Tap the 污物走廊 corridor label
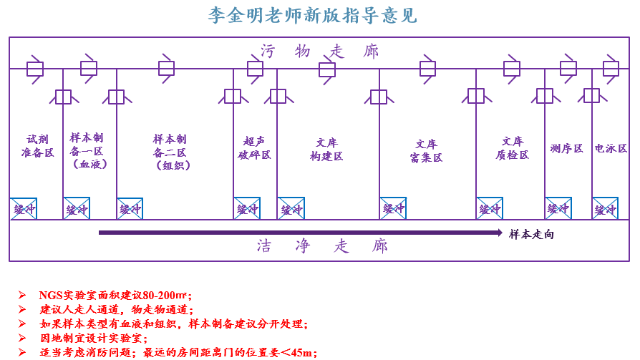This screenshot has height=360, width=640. pyautogui.click(x=319, y=52)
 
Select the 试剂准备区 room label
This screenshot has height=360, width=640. pyautogui.click(x=37, y=146)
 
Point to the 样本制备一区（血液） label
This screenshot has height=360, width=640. pyautogui.click(x=89, y=150)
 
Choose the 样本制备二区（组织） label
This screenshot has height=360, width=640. pyautogui.click(x=170, y=152)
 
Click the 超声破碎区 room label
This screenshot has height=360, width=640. pyautogui.click(x=255, y=148)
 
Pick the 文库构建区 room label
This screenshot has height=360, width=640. pyautogui.click(x=326, y=149)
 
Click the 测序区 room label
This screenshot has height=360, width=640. pyautogui.click(x=566, y=149)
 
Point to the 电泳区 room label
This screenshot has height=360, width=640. pyautogui.click(x=611, y=149)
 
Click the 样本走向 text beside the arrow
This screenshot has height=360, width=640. pyautogui.click(x=531, y=234)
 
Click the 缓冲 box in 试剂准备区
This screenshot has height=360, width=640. pyautogui.click(x=24, y=209)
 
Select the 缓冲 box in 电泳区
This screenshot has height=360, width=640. pyautogui.click(x=605, y=209)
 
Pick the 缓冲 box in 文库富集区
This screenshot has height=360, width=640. pyautogui.click(x=393, y=209)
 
